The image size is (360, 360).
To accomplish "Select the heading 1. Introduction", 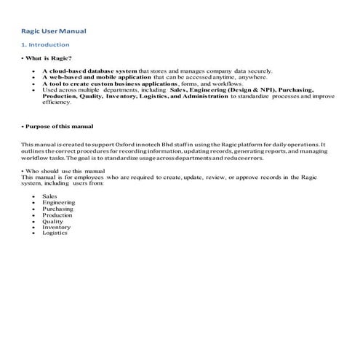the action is tap(46, 45).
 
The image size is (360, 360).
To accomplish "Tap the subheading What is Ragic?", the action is tap(48, 57).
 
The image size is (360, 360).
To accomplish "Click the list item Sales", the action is tap(49, 196).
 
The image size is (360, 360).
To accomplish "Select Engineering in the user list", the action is tap(58, 202).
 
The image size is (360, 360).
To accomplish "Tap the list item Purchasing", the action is tap(57, 208).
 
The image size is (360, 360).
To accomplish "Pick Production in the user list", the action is tap(57, 215).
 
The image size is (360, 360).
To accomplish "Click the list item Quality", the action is tap(52, 221).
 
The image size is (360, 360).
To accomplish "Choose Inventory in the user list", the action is tap(56, 227).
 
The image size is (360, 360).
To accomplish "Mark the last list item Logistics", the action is tap(55, 233).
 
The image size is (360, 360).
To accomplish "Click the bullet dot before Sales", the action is tap(33, 196).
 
